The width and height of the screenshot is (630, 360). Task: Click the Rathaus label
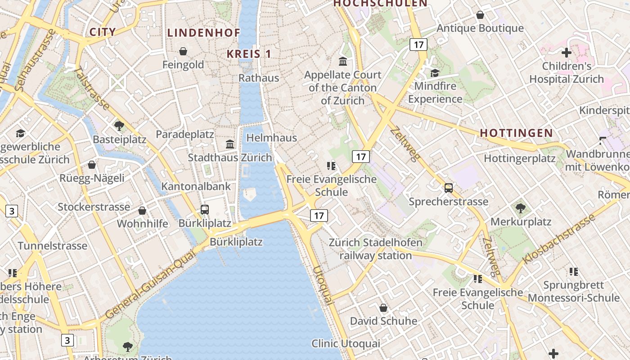(x=259, y=78)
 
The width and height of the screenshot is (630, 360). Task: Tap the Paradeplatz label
(x=185, y=134)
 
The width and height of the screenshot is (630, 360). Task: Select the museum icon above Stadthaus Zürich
(x=230, y=144)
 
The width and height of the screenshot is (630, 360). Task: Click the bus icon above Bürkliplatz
(x=205, y=209)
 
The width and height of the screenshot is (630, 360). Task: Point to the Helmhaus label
(x=272, y=138)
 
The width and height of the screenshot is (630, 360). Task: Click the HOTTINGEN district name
(x=516, y=133)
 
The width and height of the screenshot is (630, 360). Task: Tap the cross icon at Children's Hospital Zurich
(x=567, y=53)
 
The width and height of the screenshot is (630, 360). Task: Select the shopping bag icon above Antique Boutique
(x=480, y=15)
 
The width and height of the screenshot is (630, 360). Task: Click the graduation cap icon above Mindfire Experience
(x=435, y=73)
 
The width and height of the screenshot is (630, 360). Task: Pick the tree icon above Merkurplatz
(x=521, y=208)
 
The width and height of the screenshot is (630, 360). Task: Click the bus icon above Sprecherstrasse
(x=449, y=188)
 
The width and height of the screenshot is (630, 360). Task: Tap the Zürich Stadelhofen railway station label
(x=376, y=249)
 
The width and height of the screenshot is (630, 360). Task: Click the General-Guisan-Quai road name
(x=151, y=284)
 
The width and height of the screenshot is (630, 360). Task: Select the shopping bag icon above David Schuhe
(x=383, y=308)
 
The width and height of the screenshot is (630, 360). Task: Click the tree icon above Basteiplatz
(x=119, y=126)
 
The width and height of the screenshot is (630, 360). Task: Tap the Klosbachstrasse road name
(x=559, y=239)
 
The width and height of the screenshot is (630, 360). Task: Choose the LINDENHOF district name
(x=204, y=32)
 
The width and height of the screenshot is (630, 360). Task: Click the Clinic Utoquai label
(x=346, y=344)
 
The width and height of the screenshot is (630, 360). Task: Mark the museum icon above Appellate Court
(x=343, y=61)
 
